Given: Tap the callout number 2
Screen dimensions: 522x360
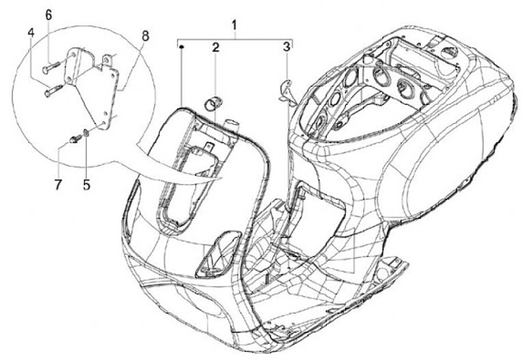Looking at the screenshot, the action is [x=216, y=48].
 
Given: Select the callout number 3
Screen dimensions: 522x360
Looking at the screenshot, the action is [x=287, y=48].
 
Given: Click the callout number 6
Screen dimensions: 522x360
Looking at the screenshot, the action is [x=49, y=14].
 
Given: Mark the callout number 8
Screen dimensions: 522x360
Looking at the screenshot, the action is [x=146, y=35].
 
